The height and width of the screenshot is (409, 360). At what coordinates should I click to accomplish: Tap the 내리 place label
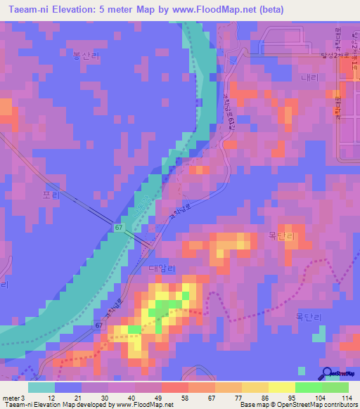309,78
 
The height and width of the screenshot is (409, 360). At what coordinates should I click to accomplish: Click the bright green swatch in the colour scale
309,387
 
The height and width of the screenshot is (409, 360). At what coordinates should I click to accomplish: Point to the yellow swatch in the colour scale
282,387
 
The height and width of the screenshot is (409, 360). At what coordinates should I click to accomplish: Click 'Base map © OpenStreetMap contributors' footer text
297,405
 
